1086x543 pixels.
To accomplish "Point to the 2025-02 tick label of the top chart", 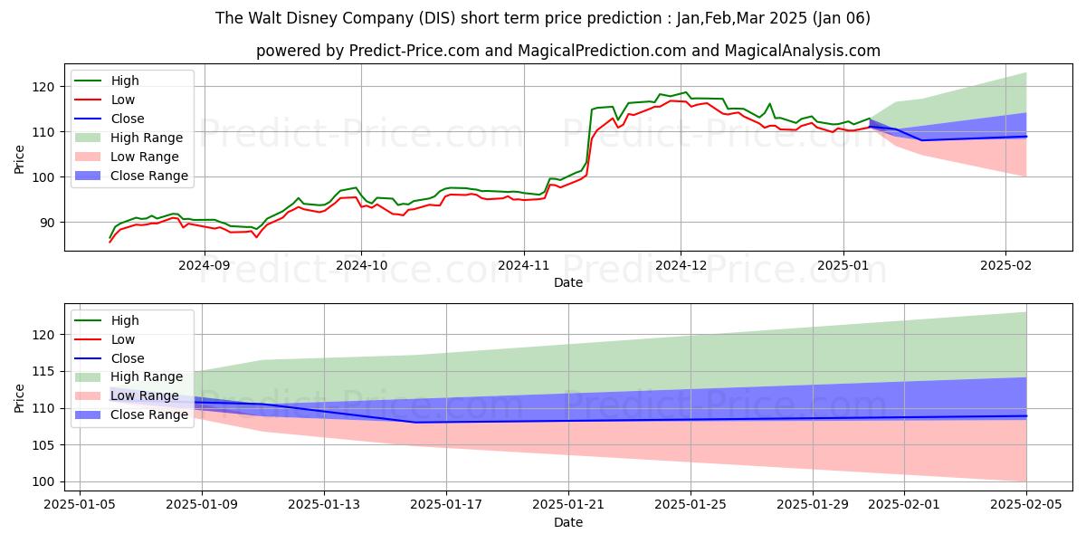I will click(x=1005, y=266).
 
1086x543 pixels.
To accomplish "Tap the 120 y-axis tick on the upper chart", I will click(x=47, y=87).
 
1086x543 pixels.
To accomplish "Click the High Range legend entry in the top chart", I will click(x=146, y=138).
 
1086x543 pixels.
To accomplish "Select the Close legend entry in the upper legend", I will click(x=128, y=119).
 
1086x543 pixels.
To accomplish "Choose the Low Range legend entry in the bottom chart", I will click(x=144, y=395).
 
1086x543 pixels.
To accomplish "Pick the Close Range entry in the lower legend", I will click(x=149, y=414).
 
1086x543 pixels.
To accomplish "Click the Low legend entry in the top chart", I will click(x=124, y=100).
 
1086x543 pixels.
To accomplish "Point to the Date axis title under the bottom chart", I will click(x=568, y=523).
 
